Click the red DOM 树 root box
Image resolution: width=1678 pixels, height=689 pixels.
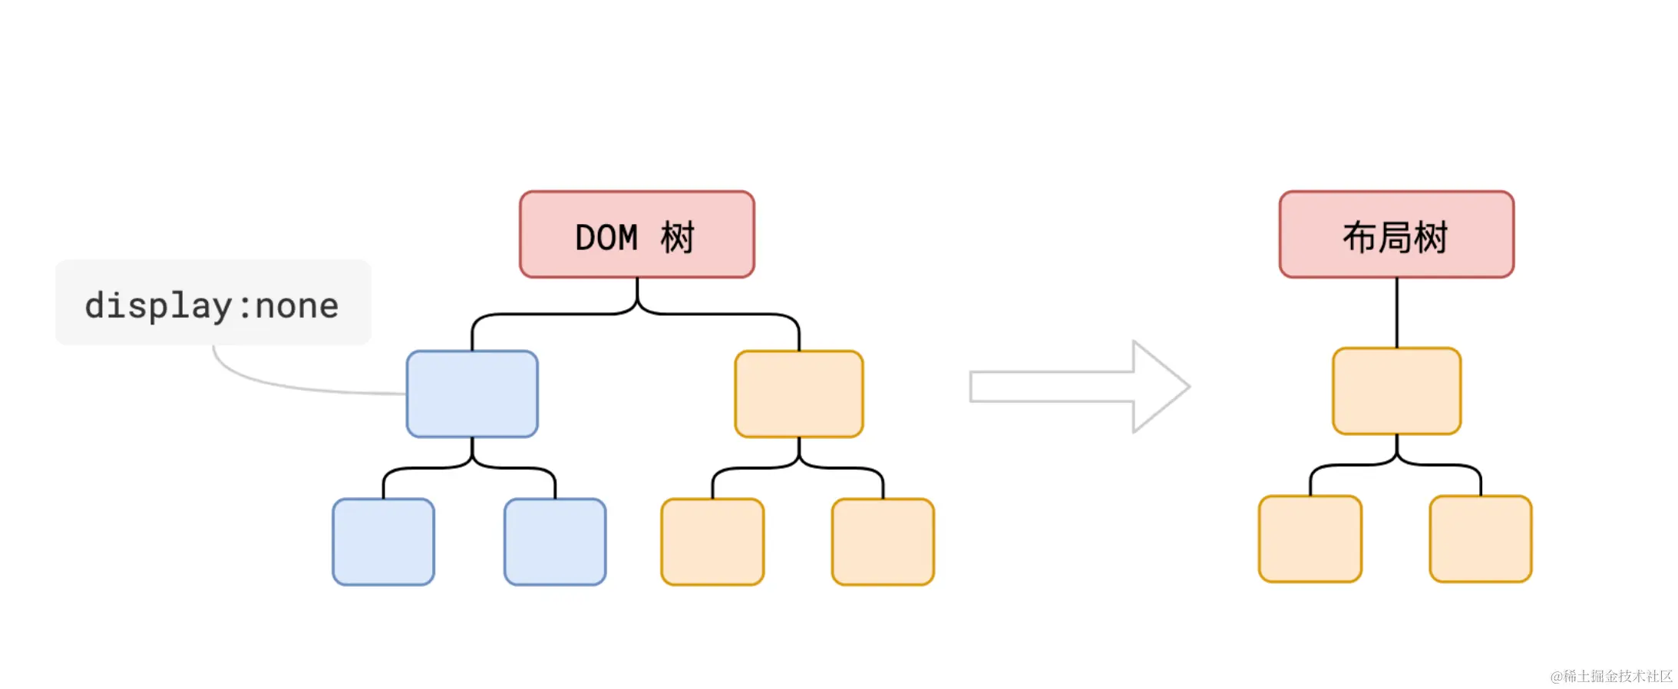[x=636, y=234]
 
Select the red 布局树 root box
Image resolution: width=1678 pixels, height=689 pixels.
[x=1396, y=234]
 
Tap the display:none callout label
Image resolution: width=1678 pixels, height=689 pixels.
[x=213, y=302]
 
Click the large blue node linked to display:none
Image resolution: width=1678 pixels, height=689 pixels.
[x=472, y=394]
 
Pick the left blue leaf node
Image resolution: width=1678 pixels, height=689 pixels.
[x=383, y=542]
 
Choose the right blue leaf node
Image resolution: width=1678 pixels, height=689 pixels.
[x=555, y=542]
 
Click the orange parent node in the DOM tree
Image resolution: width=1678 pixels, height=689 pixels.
[x=798, y=394]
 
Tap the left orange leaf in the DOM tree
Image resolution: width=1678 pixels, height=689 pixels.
[x=712, y=542]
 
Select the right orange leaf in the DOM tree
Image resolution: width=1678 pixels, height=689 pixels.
[x=883, y=542]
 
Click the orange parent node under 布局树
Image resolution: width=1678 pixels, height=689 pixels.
[x=1396, y=391]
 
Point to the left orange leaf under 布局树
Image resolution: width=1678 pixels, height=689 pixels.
[x=1310, y=539]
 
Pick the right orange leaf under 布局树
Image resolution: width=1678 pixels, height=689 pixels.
[x=1480, y=539]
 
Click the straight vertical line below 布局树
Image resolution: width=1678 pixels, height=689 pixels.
[x=1396, y=312]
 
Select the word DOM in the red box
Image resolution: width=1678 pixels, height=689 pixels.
[x=606, y=238]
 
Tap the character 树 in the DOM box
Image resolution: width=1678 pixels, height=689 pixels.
[x=677, y=238]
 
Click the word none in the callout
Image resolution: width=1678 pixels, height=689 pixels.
[x=296, y=306]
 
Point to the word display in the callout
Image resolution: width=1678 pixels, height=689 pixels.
[x=157, y=306]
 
